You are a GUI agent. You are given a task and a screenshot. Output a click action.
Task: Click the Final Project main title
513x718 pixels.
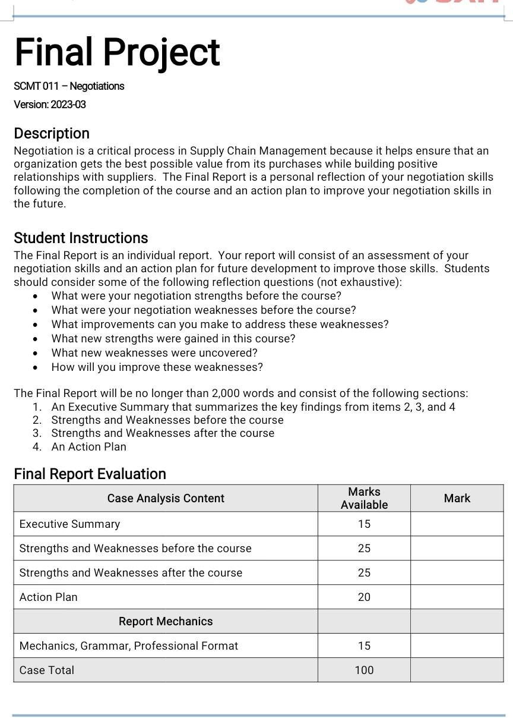[117, 52]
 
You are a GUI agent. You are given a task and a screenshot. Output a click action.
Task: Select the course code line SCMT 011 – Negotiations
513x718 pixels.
[69, 86]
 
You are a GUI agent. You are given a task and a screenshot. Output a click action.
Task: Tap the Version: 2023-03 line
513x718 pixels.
[50, 105]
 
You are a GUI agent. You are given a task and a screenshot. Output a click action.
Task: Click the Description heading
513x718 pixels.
[52, 133]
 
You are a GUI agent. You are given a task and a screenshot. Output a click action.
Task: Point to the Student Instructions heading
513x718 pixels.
[81, 238]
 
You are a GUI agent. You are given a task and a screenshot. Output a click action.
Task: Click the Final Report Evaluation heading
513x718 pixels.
[90, 474]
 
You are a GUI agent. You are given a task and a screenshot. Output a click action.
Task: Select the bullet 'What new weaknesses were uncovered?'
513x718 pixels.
[154, 352]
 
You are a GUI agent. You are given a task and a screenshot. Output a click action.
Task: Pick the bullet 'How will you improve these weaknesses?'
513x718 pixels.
[157, 367]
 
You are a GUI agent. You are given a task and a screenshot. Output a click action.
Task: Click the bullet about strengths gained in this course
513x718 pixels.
[173, 338]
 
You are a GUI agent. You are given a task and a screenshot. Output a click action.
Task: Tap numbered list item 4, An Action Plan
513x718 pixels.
[88, 446]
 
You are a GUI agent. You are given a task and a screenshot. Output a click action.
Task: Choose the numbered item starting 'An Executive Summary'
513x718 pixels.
[253, 407]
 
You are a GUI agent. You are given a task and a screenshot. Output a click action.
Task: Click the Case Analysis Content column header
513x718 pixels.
[166, 498]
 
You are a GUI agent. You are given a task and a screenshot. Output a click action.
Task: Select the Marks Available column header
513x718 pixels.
[364, 498]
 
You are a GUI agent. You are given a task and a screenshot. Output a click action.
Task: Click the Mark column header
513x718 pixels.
[457, 498]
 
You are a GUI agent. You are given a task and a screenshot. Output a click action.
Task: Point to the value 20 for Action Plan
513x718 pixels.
[364, 597]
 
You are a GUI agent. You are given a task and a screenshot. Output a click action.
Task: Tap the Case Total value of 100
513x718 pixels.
[364, 670]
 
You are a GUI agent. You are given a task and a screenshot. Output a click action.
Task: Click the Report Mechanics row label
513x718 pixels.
[166, 621]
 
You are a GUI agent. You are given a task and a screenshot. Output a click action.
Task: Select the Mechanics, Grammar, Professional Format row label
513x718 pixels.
[128, 645]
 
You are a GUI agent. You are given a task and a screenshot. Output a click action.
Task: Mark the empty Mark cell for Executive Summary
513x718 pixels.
[457, 524]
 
